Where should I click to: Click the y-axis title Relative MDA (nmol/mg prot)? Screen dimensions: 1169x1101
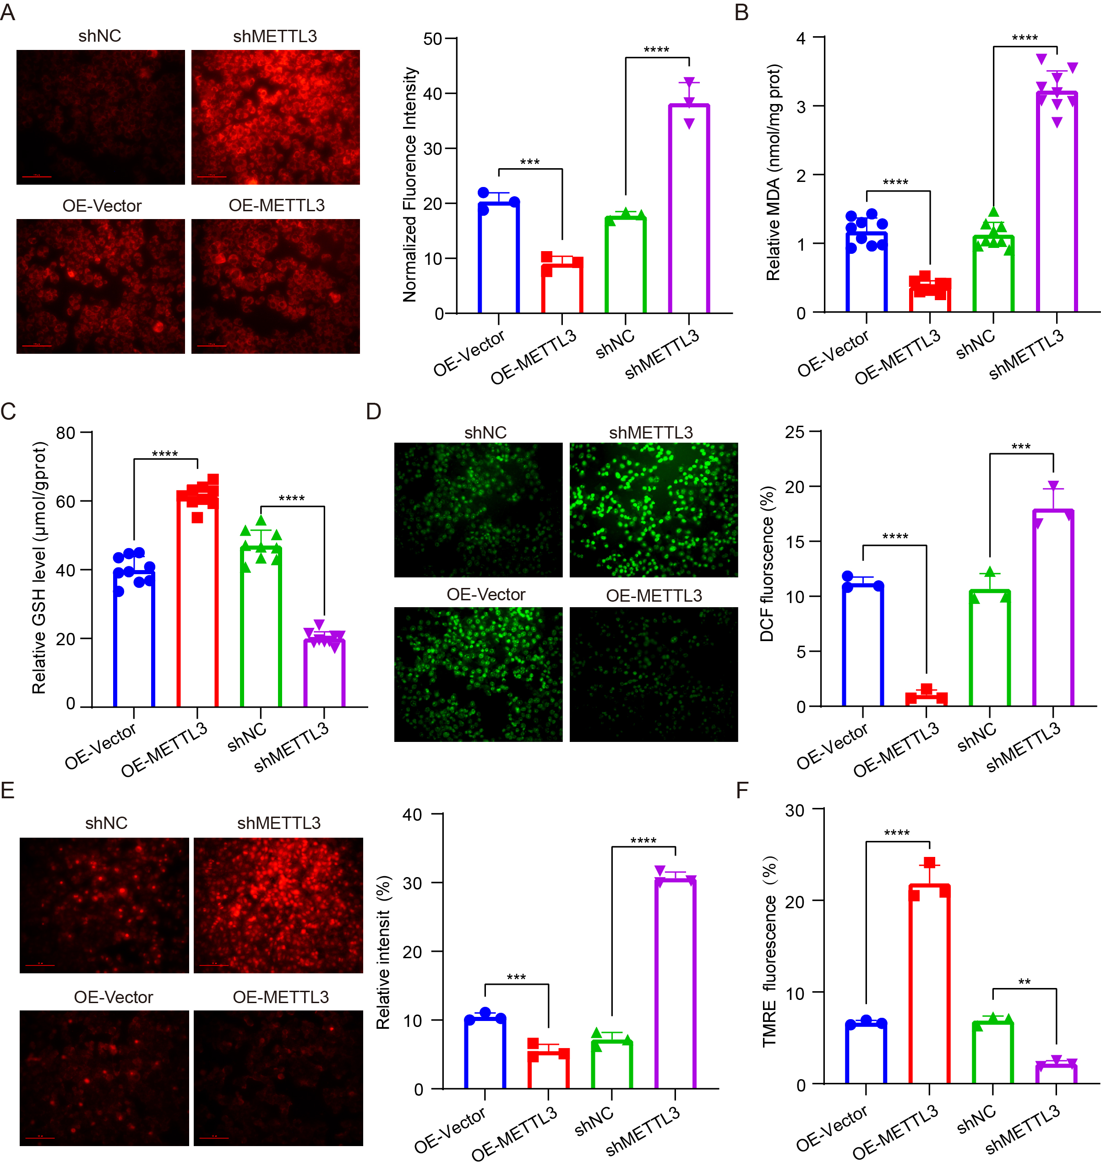coord(774,172)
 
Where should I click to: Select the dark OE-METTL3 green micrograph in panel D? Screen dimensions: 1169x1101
coord(653,674)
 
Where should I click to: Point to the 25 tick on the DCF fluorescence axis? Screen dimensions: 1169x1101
coord(794,432)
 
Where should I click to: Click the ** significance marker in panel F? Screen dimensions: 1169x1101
coord(1024,982)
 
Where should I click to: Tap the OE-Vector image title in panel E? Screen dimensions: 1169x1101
coord(114,997)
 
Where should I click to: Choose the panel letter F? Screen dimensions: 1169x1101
coord(742,790)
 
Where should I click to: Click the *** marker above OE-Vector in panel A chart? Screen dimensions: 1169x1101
coord(529,162)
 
